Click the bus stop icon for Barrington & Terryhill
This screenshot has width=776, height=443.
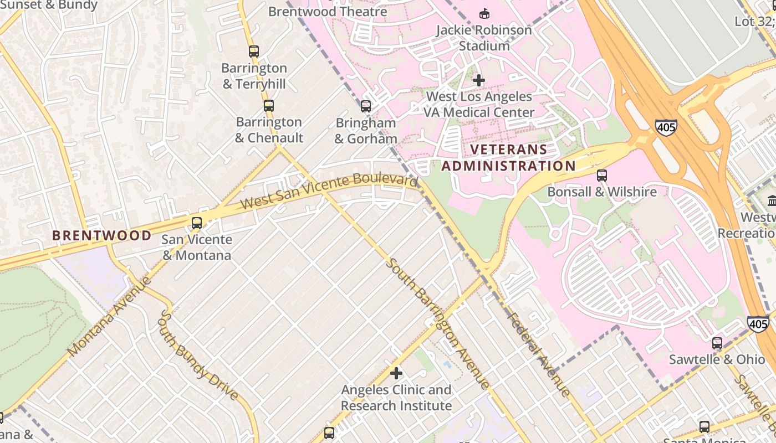point(254,51)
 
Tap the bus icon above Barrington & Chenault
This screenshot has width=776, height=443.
point(269,105)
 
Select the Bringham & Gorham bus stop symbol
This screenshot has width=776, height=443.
point(366,106)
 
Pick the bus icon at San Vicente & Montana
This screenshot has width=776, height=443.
point(197,223)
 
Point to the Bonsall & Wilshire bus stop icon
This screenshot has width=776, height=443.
point(602,176)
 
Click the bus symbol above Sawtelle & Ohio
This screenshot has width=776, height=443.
point(717,343)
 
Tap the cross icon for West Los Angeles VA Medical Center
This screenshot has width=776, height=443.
point(479,80)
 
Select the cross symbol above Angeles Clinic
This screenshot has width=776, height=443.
point(396,373)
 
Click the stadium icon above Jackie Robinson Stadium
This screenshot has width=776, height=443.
point(484,13)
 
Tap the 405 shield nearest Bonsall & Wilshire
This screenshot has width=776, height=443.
point(666,127)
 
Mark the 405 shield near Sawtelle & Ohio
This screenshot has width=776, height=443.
point(758,324)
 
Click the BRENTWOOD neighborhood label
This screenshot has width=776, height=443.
point(101,235)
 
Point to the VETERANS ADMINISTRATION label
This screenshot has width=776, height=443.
point(508,158)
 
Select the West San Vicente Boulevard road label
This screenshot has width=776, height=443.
point(329,192)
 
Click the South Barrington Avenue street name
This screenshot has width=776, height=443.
point(438,323)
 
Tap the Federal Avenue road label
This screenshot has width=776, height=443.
point(538,354)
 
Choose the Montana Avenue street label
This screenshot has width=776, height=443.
point(109,316)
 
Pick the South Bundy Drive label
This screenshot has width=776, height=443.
point(199,355)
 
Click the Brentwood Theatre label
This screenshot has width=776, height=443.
point(328,11)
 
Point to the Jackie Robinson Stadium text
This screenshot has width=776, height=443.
point(484,38)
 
